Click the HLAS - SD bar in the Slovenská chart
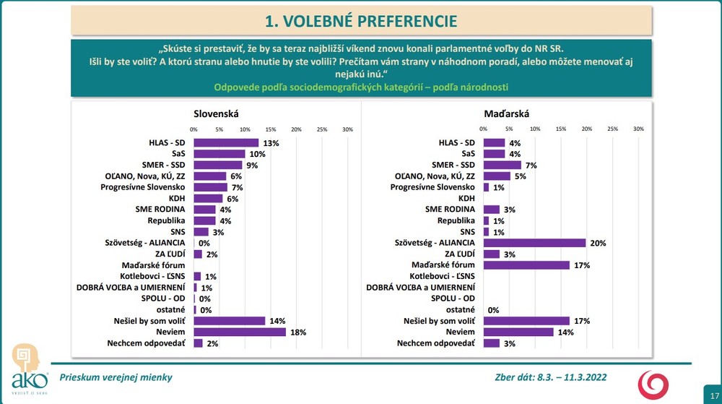tap(226, 143)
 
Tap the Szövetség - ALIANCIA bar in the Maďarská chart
tap(534, 243)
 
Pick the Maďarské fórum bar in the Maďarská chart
tap(526, 265)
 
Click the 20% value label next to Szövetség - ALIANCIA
tap(597, 244)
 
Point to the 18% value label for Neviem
tap(297, 332)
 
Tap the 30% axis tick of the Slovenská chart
tap(347, 129)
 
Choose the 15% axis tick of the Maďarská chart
tap(561, 129)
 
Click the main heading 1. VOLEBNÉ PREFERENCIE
tap(361, 21)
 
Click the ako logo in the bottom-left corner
tap(28, 369)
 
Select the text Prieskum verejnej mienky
tap(116, 377)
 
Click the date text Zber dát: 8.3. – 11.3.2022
tap(549, 377)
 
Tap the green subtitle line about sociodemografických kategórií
tap(361, 87)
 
